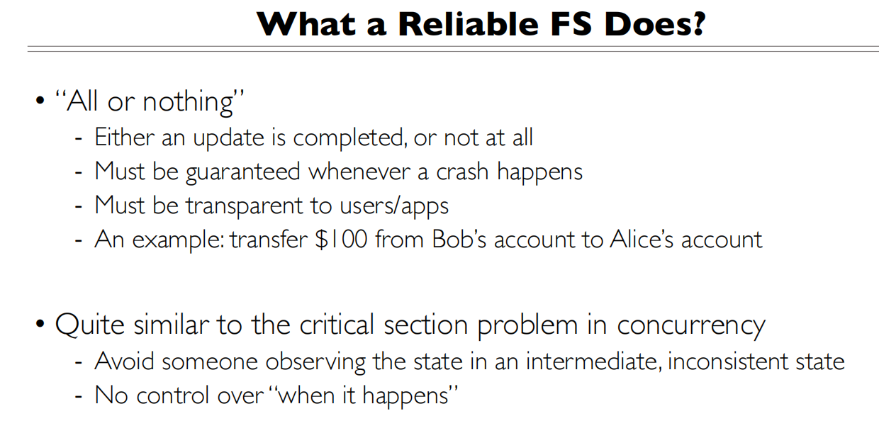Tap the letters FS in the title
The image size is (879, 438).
571,24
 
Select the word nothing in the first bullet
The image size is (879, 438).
189,103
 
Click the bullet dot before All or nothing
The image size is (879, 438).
40,101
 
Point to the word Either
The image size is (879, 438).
125,137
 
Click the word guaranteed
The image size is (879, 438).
243,173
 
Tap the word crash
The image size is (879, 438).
462,172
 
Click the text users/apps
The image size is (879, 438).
394,206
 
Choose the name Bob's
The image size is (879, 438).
459,239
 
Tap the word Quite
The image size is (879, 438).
90,325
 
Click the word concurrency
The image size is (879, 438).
691,327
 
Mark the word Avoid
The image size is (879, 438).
124,361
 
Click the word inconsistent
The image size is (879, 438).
727,361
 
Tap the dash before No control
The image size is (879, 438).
79,397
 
